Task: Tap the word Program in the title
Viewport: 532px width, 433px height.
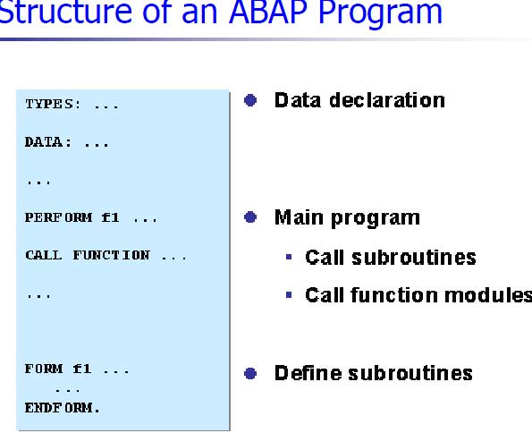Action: [381, 14]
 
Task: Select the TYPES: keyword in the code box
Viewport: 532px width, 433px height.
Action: [53, 105]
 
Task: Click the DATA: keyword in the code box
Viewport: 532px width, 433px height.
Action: [48, 142]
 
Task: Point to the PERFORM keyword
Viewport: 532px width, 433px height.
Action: [58, 217]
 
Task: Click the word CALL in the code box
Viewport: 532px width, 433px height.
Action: [44, 255]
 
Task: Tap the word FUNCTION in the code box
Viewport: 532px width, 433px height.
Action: [111, 255]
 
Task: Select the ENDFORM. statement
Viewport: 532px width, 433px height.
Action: [62, 408]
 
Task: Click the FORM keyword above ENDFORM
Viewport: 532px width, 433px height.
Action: [44, 369]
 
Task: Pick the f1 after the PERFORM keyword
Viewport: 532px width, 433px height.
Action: [110, 217]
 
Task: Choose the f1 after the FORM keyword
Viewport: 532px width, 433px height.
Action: [82, 369]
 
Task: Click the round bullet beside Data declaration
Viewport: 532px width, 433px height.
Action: [250, 100]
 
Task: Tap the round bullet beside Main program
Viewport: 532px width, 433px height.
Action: [250, 217]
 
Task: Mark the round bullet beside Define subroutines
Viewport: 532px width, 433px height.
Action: [250, 373]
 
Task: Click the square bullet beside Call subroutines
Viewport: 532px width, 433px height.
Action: [289, 257]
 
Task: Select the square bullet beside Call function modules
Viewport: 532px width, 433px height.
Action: [289, 294]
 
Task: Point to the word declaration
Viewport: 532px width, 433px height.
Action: [387, 100]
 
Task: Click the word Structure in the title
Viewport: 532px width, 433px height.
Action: [65, 12]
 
